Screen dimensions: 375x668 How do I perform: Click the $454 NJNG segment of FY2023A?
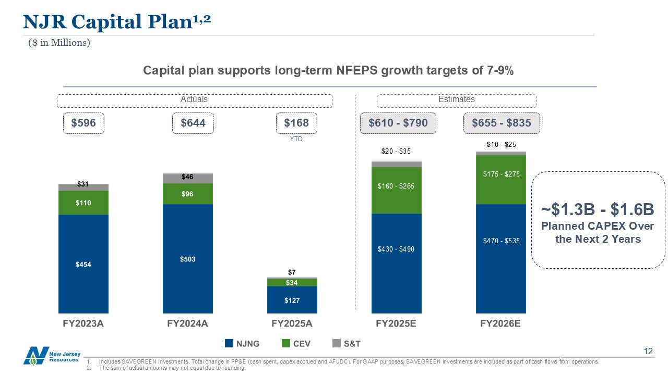83,264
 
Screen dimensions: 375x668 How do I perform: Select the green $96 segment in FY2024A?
188,194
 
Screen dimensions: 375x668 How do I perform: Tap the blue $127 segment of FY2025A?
292,299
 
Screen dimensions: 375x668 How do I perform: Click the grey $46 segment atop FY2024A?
188,178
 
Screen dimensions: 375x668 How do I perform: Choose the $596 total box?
83,123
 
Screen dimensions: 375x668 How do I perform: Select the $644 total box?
193,123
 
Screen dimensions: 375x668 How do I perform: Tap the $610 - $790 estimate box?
398,123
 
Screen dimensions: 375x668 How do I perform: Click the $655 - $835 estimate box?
502,123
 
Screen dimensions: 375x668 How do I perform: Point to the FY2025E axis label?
397,323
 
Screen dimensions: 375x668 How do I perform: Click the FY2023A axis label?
83,323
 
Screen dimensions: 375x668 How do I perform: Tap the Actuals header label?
194,99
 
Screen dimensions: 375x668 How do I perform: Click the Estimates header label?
457,99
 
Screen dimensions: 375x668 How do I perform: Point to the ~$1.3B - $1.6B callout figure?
598,210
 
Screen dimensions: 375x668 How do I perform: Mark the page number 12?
648,352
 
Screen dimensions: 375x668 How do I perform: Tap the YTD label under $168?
296,139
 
